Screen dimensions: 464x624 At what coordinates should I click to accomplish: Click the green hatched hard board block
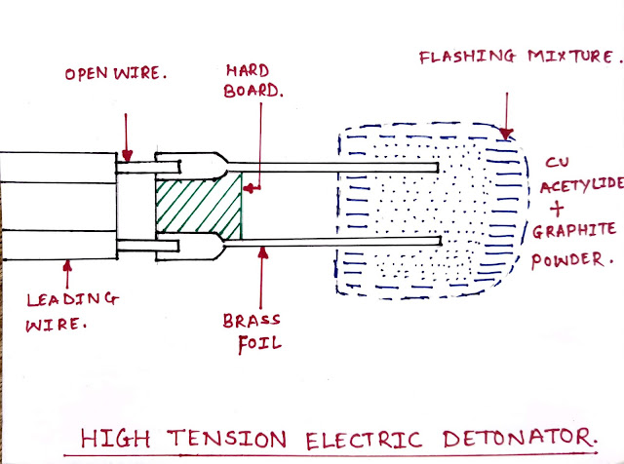pyautogui.click(x=199, y=207)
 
